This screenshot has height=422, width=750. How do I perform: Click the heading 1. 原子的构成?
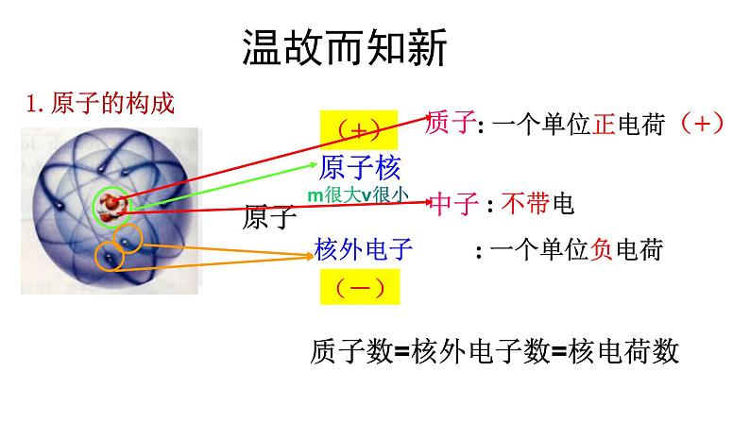(x=100, y=103)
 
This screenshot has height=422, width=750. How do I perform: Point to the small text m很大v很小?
(x=358, y=194)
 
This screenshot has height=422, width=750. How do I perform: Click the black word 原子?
(x=270, y=218)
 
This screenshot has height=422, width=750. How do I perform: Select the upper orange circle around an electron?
(x=130, y=237)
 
